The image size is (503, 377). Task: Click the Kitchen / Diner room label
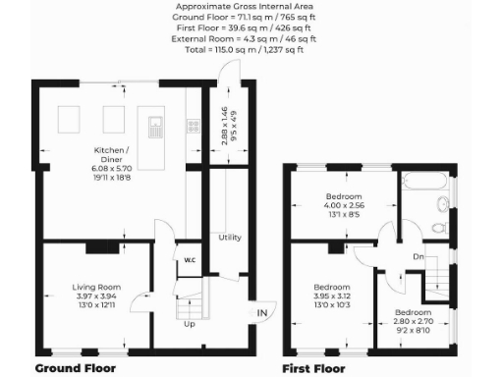point(109,149)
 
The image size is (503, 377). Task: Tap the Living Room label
point(95,287)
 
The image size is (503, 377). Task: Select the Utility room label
point(230,238)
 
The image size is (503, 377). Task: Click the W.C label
point(190,260)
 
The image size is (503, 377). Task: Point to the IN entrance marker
point(261,313)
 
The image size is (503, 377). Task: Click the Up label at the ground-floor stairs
point(190,324)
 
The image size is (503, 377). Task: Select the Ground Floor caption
point(76,368)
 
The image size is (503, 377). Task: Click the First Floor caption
point(313,368)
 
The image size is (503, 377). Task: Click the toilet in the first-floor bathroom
point(439,226)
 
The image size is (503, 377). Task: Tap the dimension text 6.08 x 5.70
point(109,168)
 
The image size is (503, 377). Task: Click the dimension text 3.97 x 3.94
point(95,296)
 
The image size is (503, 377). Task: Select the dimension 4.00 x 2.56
point(345,205)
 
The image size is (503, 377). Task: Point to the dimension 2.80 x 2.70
point(413,321)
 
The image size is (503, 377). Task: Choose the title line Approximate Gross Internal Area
point(251,7)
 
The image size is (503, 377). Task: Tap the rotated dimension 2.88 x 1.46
point(224,126)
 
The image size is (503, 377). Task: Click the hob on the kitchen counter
point(194,126)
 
